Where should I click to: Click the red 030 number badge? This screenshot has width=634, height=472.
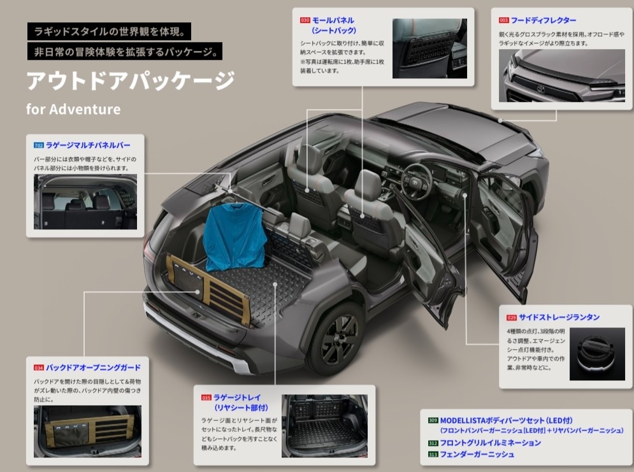click(x=305, y=20)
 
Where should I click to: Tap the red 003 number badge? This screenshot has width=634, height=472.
click(x=503, y=20)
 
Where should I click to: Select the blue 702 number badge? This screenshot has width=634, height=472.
click(x=39, y=145)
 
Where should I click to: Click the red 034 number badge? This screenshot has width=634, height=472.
click(x=39, y=368)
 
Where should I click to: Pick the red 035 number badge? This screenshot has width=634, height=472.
click(x=206, y=397)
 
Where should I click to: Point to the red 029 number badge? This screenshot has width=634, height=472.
click(x=512, y=318)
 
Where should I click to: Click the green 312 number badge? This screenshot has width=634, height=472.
click(x=433, y=443)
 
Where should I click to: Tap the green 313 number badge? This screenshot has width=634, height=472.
click(x=433, y=455)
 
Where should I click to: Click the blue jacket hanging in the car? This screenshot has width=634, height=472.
click(x=234, y=236)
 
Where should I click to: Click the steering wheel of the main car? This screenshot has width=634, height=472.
click(x=417, y=182)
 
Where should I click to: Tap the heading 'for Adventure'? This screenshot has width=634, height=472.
click(x=73, y=109)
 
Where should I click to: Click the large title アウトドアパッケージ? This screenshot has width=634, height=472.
click(x=130, y=80)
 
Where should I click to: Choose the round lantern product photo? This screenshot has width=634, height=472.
click(x=597, y=354)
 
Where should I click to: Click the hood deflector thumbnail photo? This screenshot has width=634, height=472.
click(x=561, y=76)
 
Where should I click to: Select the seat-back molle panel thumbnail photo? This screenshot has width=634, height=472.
click(x=429, y=48)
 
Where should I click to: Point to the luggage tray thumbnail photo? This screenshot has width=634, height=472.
click(x=325, y=426)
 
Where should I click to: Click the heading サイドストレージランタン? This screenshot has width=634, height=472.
click(x=559, y=317)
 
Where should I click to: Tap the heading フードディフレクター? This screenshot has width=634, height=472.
click(x=544, y=20)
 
